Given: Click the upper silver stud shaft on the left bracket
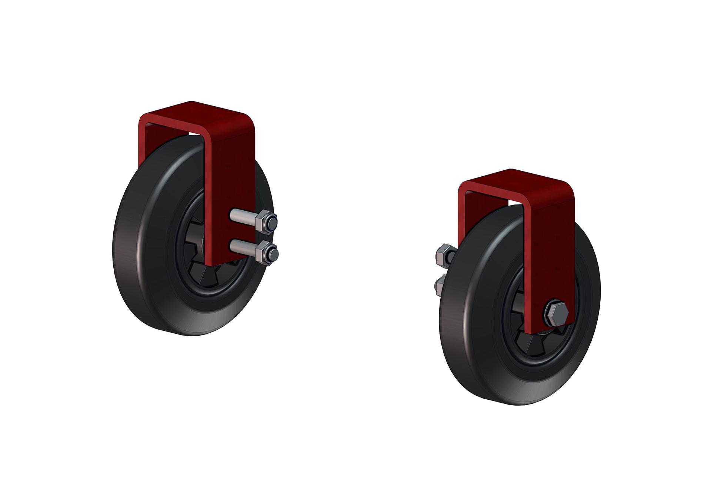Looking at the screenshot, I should coord(241,214).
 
